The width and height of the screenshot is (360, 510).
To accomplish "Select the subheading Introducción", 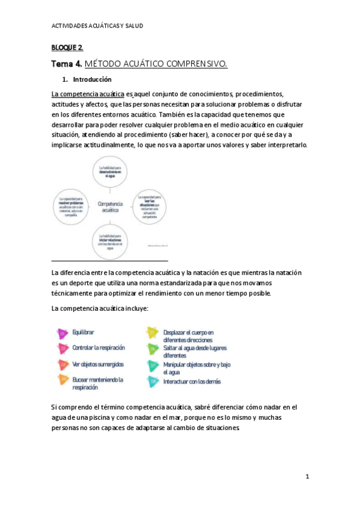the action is (92, 79).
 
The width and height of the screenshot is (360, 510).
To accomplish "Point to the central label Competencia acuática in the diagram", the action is (108, 207).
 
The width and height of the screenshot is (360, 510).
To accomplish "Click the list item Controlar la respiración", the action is (99, 348).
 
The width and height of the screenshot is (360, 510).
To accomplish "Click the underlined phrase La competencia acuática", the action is (88, 94).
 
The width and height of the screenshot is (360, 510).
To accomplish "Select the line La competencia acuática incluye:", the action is (99, 308).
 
